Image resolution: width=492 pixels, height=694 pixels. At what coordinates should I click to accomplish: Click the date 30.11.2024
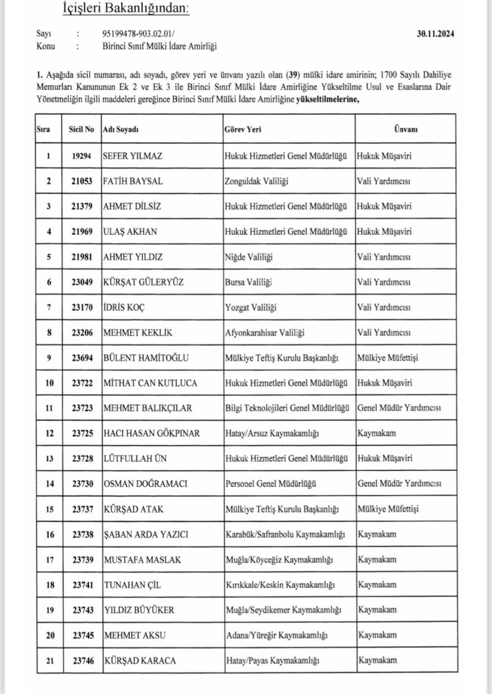point(436,33)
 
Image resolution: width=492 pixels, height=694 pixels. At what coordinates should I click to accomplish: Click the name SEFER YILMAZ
point(133,157)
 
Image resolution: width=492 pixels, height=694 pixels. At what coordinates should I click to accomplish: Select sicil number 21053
point(81,181)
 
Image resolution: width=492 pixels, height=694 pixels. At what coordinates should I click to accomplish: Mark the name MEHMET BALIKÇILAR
point(148,408)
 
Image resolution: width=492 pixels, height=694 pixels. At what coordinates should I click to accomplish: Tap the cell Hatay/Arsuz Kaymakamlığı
point(274,433)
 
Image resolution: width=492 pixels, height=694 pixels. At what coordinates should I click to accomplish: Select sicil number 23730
point(81,483)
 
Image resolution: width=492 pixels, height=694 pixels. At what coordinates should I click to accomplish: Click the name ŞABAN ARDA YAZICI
point(146,534)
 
